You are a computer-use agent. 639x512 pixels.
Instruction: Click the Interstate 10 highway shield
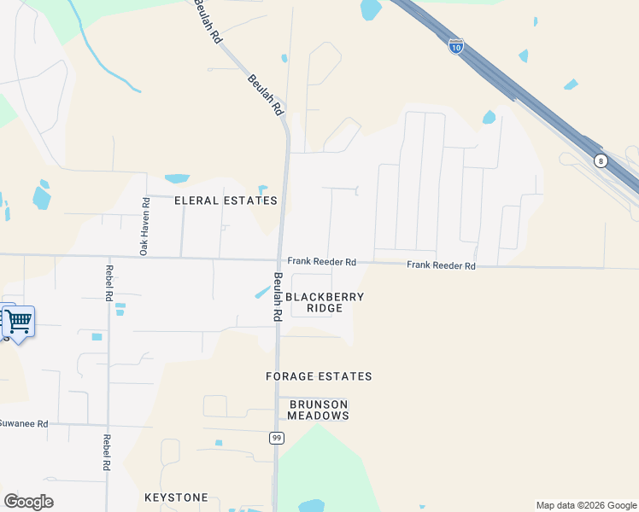456,46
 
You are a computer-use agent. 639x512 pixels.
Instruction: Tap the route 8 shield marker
601,160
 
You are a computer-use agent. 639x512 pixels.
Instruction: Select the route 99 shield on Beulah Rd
276,438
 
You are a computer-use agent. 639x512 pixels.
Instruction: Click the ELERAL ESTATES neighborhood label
226,201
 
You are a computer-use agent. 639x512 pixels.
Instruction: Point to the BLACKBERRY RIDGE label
325,303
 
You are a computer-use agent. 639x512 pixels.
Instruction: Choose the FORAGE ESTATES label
319,376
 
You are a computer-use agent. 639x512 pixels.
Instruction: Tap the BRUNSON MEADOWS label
319,410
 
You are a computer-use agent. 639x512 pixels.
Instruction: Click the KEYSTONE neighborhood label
176,497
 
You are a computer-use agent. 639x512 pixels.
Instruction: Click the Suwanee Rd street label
23,423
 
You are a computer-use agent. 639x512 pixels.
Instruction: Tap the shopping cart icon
18,323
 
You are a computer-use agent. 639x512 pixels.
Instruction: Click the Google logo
28,502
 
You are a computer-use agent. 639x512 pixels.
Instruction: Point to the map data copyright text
587,505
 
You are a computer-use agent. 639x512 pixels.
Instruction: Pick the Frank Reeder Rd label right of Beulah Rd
321,262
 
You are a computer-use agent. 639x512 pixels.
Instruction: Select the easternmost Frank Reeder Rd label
441,265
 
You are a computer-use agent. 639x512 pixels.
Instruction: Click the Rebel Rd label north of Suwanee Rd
108,285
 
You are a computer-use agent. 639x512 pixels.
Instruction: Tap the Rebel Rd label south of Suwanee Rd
107,453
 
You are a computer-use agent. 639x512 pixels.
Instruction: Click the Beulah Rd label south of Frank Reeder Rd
278,296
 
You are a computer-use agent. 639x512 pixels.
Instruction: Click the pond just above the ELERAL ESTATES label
177,178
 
